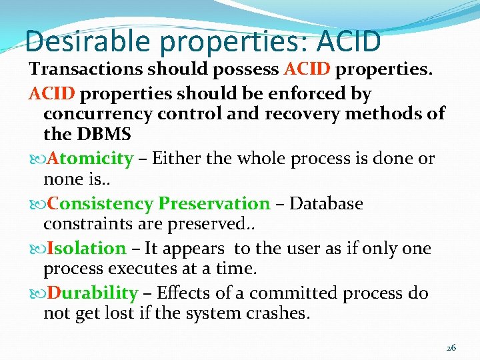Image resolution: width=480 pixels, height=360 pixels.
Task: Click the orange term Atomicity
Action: click(91, 159)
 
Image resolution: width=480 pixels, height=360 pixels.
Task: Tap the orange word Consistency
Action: click(100, 203)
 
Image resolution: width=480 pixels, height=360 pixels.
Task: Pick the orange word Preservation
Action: click(214, 203)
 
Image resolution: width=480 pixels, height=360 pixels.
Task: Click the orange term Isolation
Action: click(87, 249)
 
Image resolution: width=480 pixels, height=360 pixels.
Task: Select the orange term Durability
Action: click(93, 293)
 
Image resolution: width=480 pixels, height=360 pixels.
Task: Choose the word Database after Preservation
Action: click(326, 203)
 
